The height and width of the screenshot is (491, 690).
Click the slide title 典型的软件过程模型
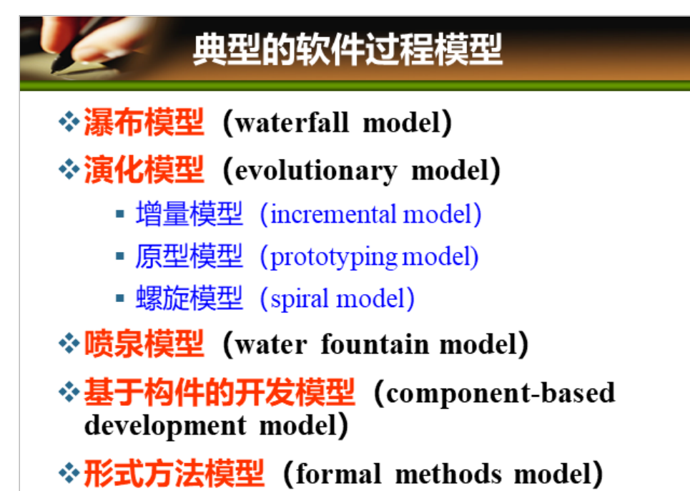pyautogui.click(x=348, y=49)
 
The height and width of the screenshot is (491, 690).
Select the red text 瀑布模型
pyautogui.click(x=144, y=122)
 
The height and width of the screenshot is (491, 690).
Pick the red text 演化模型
pyautogui.click(x=144, y=170)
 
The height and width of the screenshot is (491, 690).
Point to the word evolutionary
pyautogui.click(x=316, y=171)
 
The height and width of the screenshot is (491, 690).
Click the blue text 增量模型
pyautogui.click(x=189, y=213)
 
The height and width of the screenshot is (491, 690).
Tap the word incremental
pyautogui.click(x=333, y=215)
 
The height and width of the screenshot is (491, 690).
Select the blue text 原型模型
pyautogui.click(x=189, y=256)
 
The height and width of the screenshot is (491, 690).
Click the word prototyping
pyautogui.click(x=333, y=258)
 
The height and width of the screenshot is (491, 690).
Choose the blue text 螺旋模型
pyautogui.click(x=189, y=298)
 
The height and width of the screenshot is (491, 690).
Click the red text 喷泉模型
pyautogui.click(x=144, y=344)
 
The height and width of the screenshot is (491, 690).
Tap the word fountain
pyautogui.click(x=375, y=344)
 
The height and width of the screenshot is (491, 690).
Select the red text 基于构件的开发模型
pyautogui.click(x=219, y=392)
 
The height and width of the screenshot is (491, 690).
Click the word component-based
pyautogui.click(x=501, y=393)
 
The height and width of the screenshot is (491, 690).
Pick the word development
pyautogui.click(x=165, y=426)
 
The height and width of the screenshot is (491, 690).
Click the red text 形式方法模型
pyautogui.click(x=174, y=473)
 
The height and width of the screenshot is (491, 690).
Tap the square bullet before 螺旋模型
pyautogui.click(x=119, y=298)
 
